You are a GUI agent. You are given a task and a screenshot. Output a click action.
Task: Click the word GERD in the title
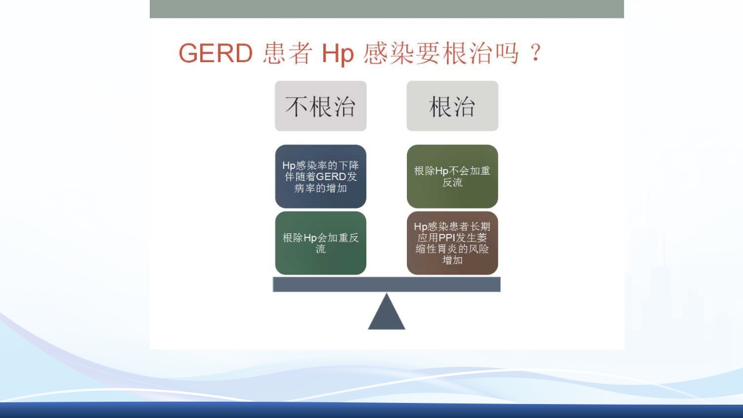point(215,54)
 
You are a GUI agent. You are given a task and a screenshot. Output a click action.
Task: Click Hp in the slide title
point(338,55)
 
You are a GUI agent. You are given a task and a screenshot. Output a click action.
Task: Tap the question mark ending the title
point(535,54)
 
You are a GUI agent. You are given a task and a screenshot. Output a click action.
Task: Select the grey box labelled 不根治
point(320,106)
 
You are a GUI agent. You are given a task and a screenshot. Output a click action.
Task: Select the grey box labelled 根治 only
point(452,106)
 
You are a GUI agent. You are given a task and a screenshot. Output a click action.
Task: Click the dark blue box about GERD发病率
point(320,176)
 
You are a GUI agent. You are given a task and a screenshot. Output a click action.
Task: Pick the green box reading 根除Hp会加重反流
point(320,243)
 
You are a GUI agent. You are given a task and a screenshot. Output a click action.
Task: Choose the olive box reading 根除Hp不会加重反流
point(452,176)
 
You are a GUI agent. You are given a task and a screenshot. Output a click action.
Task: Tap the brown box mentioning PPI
point(452,243)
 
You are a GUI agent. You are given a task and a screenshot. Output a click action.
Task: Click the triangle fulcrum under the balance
point(387,314)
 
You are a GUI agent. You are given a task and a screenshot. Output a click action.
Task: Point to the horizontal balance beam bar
point(387,284)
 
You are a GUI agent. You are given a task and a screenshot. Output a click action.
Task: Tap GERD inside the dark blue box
point(331,177)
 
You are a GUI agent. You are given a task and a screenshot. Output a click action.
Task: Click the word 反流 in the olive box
point(452,182)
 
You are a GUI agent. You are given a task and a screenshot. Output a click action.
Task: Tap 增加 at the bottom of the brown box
point(452,260)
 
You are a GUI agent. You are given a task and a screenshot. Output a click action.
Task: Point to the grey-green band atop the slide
point(387,9)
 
